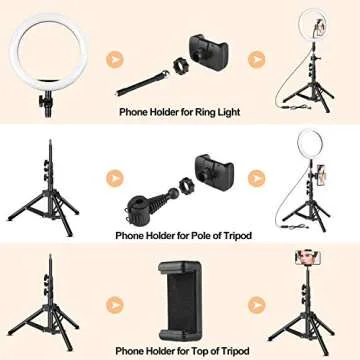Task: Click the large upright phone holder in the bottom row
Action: click(182, 297)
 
